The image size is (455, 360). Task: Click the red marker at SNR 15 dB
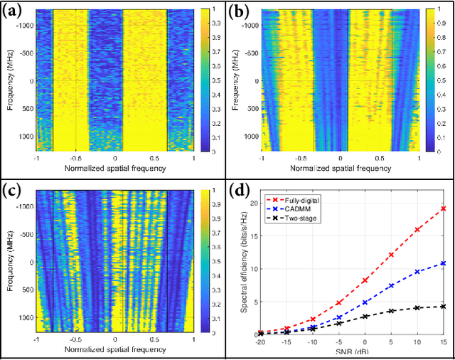point(443,208)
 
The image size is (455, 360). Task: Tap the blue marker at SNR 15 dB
point(443,263)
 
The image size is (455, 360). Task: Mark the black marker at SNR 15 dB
point(443,306)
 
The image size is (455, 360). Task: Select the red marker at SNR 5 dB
point(390,255)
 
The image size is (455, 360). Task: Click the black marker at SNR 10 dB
point(417,307)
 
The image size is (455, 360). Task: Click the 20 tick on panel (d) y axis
point(248,203)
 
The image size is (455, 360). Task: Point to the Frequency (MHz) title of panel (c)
point(6,262)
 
